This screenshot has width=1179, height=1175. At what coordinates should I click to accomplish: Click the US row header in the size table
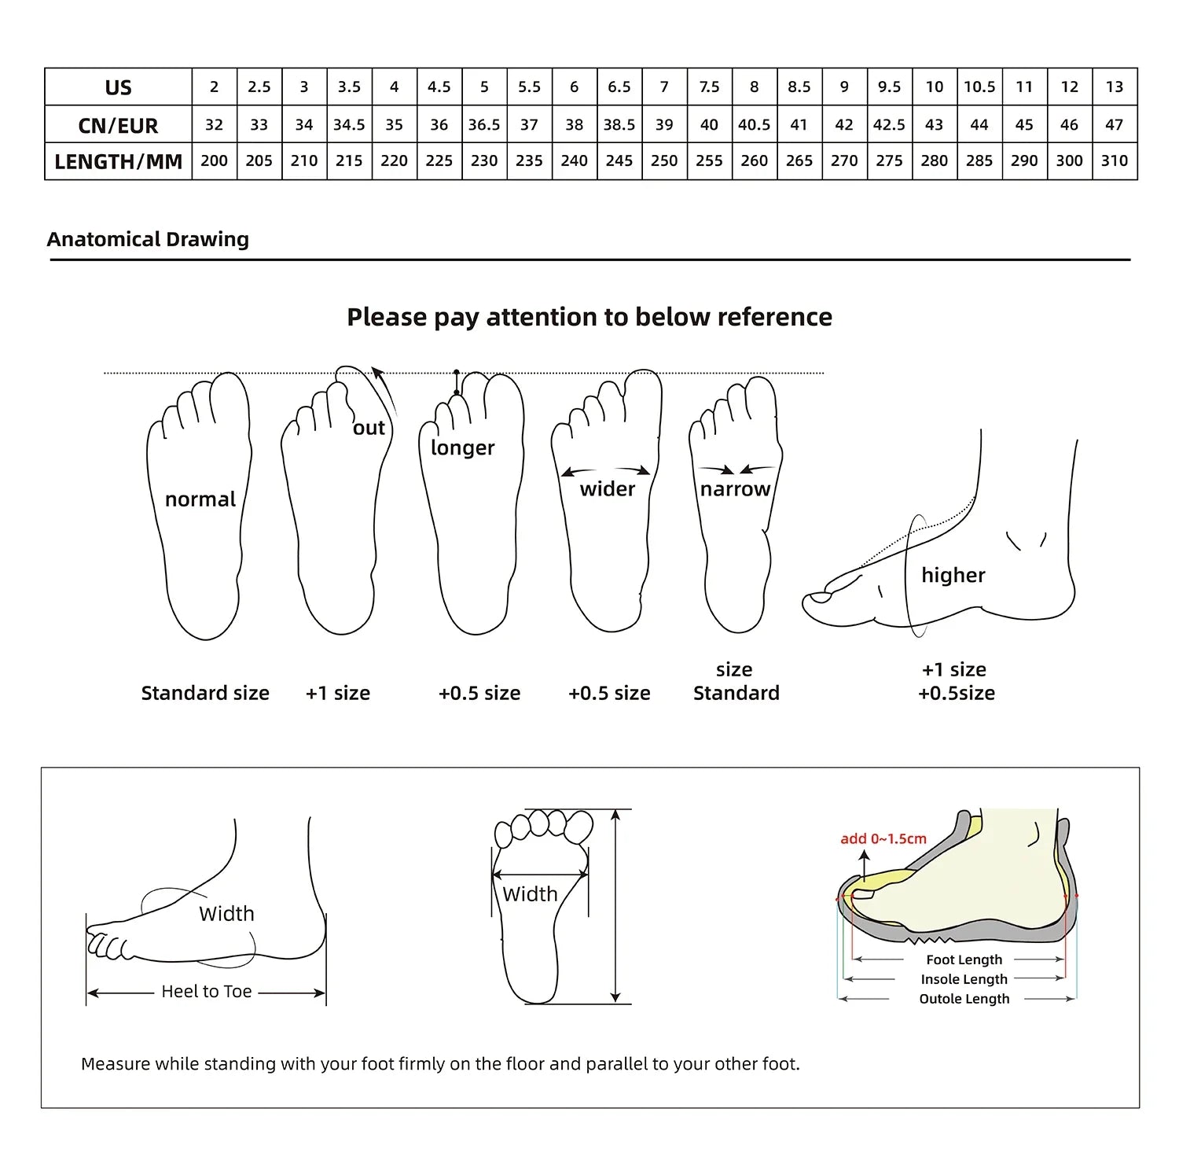(x=118, y=87)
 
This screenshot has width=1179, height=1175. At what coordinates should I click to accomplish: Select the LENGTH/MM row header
(x=118, y=162)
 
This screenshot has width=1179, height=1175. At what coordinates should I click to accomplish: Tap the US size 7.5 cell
(x=709, y=87)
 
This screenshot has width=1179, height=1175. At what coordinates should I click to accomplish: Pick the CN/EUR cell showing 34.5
(x=349, y=125)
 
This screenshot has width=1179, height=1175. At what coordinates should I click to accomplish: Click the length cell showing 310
(x=1114, y=161)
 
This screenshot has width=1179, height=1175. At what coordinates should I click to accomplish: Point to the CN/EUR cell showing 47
(x=1114, y=125)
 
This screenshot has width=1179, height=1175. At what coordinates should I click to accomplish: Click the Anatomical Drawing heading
(x=148, y=239)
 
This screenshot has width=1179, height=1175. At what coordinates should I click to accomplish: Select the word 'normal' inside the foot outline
(x=200, y=499)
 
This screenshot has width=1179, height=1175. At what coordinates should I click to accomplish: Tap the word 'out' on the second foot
(x=369, y=428)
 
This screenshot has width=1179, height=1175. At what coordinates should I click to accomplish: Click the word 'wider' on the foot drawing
(x=607, y=489)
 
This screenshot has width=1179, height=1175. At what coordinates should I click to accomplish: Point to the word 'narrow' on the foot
(x=735, y=489)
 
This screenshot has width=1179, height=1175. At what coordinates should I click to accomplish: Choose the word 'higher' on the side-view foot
(x=953, y=575)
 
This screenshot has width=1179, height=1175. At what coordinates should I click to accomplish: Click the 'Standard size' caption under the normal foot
(x=205, y=693)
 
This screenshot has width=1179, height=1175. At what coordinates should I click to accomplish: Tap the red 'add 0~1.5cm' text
(x=883, y=838)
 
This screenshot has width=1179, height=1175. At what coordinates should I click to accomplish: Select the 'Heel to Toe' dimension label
(x=206, y=992)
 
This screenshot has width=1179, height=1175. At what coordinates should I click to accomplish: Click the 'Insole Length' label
(x=964, y=979)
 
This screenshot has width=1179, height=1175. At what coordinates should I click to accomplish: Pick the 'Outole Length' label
(x=964, y=999)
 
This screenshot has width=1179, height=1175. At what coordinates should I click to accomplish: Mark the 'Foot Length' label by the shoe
(x=964, y=960)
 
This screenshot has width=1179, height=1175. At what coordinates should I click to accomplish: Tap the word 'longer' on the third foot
(x=462, y=448)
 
